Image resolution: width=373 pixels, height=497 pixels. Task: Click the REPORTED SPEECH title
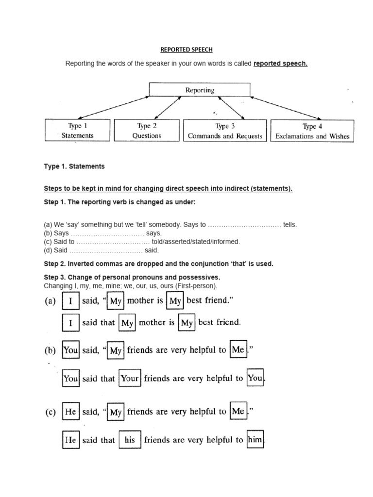tap(186, 50)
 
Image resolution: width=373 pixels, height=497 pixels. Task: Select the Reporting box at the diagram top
tap(200, 90)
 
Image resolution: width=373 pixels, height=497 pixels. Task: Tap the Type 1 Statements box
tap(77, 131)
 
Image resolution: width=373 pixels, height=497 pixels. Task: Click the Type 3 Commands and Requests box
tap(225, 131)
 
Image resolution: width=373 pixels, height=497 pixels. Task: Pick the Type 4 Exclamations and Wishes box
tap(312, 131)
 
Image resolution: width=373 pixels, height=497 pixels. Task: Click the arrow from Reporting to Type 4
tap(287, 107)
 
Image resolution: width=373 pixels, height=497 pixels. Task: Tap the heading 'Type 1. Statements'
tap(74, 166)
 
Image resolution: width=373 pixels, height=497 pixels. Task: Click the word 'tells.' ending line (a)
tap(289, 225)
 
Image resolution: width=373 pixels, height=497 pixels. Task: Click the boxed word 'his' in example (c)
tap(129, 440)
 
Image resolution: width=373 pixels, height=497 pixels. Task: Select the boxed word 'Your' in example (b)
tap(130, 379)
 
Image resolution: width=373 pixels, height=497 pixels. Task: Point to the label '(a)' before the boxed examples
tap(51, 301)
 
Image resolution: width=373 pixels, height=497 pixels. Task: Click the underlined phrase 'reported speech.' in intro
tap(281, 64)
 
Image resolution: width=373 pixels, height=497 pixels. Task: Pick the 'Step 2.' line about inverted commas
tap(158, 264)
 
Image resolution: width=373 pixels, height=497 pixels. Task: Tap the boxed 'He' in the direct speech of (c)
tap(71, 412)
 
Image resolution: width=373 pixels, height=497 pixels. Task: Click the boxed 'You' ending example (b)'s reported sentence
tap(255, 379)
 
